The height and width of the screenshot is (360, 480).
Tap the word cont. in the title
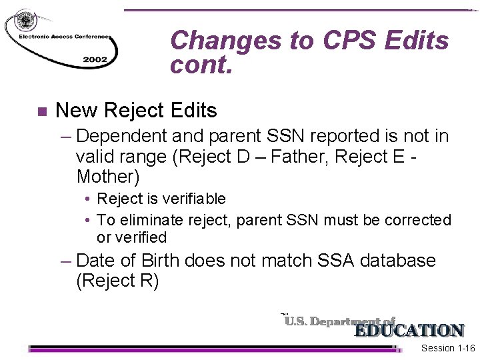pyautogui.click(x=201, y=65)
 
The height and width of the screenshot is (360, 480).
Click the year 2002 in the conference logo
pyautogui.click(x=95, y=59)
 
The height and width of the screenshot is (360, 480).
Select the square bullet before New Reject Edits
pyautogui.click(x=42, y=111)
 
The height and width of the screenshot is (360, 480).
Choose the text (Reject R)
pyautogui.click(x=117, y=281)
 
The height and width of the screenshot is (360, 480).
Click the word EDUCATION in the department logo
pyautogui.click(x=408, y=331)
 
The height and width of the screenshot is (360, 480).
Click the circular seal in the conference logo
pyautogui.click(x=26, y=20)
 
